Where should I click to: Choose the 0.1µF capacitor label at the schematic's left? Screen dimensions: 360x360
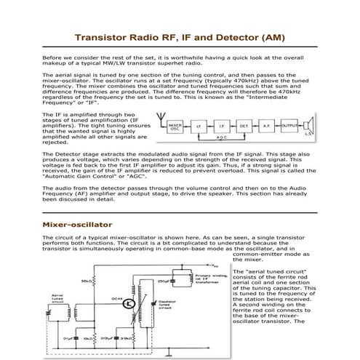pyautogui.click(x=68, y=337)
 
